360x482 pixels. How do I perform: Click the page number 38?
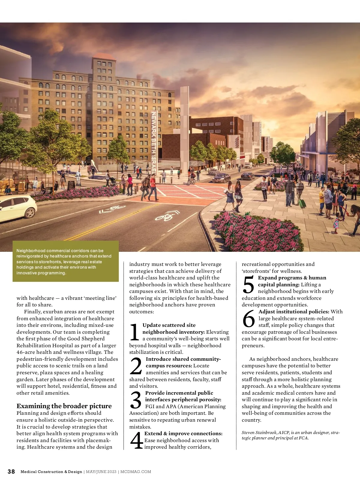pyautogui.click(x=11, y=471)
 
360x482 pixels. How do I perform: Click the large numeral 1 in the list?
pyautogui.click(x=135, y=332)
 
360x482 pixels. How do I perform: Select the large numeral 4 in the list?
pyautogui.click(x=136, y=441)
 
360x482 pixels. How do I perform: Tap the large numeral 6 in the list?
pyautogui.click(x=249, y=319)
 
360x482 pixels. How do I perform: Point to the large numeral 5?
pyautogui.click(x=248, y=285)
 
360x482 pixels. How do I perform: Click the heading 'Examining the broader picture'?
pyautogui.click(x=64, y=406)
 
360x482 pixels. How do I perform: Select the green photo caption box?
pyautogui.click(x=65, y=261)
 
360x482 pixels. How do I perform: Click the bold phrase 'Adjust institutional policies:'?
pyautogui.click(x=294, y=312)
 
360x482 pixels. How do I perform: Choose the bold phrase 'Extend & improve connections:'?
pyautogui.click(x=183, y=434)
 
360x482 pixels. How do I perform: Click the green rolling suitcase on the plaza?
pyautogui.click(x=302, y=203)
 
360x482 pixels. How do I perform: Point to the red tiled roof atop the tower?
pyautogui.click(x=104, y=56)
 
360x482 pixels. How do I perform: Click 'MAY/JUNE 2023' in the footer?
pyautogui.click(x=101, y=472)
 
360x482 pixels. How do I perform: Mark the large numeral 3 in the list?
pyautogui.click(x=136, y=400)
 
